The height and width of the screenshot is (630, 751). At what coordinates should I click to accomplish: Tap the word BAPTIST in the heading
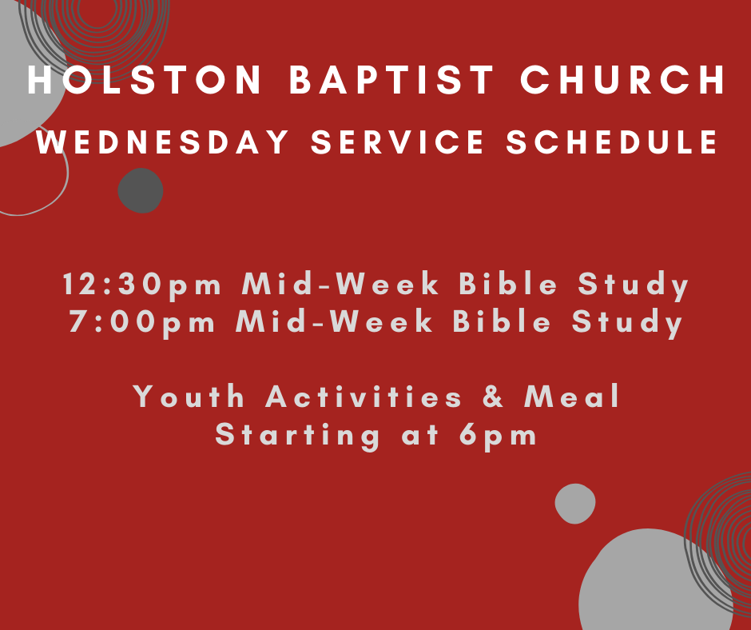[391, 80]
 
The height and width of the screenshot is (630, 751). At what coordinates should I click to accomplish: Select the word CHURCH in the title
[623, 80]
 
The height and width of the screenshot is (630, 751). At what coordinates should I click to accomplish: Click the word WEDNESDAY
[162, 142]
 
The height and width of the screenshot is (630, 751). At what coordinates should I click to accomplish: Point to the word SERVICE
[398, 142]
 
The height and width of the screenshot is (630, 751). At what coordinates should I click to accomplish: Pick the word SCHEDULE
[613, 142]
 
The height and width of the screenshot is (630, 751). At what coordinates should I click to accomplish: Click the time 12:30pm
[142, 285]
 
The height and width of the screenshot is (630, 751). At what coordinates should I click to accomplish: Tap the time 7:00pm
[142, 322]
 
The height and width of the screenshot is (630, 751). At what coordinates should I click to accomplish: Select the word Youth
[189, 396]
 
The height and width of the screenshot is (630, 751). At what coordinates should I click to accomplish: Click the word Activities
[364, 396]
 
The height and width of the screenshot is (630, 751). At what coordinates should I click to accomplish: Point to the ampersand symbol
[493, 397]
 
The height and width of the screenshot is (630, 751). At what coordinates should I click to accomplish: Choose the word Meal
[572, 396]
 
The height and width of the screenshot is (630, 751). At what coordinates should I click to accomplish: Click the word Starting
[297, 437]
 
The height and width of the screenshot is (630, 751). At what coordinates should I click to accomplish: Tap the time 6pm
[498, 437]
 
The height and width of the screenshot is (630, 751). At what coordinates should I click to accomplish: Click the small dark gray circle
[141, 190]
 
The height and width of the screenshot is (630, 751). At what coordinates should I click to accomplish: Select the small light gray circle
[575, 504]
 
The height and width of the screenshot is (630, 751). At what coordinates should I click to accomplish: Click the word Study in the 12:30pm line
[634, 285]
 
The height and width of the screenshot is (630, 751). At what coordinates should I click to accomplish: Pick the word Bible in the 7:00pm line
[502, 321]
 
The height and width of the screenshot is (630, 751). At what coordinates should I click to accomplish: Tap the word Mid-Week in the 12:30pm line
[340, 284]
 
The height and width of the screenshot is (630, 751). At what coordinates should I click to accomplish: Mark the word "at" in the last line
[420, 437]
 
